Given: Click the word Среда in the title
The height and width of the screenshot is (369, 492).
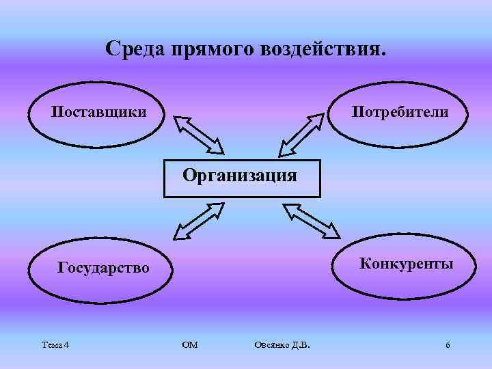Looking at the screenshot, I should coord(137,49).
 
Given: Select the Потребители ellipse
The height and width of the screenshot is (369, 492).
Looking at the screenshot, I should coord(400,113).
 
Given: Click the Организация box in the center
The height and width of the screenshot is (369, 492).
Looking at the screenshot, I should coord(241,178).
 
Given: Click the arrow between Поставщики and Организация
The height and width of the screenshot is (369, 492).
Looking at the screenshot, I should coord(199,135).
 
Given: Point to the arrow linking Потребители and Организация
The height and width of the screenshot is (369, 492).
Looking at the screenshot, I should coord(300,135).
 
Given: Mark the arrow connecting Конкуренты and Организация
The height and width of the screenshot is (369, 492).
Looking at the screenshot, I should coord(312,220).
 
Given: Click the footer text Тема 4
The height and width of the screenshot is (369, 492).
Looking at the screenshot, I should coord(55,344).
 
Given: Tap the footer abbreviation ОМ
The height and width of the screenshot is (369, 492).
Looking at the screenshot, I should coord(191,344).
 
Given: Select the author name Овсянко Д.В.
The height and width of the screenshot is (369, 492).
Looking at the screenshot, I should coord(281,344).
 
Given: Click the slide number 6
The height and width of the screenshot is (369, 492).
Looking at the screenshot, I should coord(448,344).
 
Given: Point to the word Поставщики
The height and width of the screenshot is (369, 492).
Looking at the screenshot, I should coord(99,111).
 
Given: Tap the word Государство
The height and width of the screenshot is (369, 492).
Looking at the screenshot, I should coord(102,267).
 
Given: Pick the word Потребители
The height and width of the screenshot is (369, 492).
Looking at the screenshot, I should coord(400,111).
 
